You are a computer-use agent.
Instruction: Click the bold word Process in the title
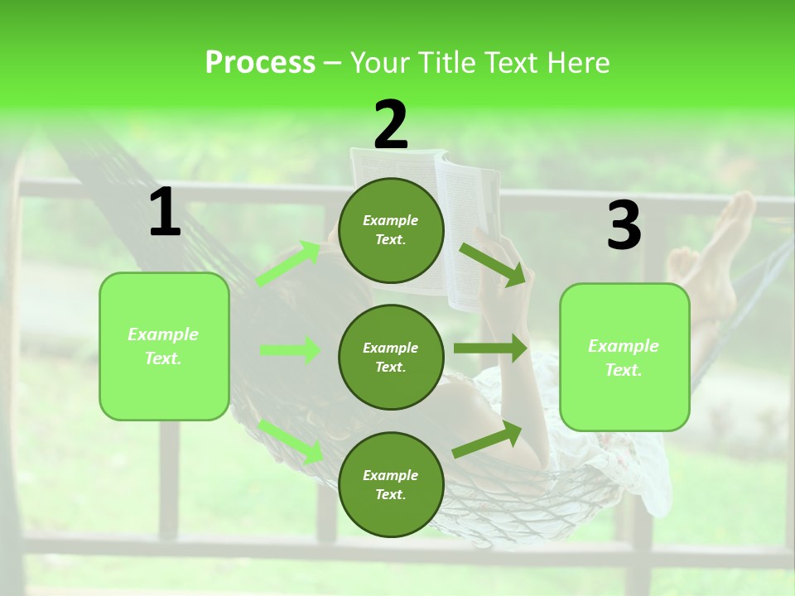[x=260, y=62]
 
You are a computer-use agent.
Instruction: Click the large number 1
[x=165, y=212]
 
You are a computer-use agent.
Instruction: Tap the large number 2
[x=391, y=124]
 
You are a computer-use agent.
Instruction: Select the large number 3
[x=624, y=225]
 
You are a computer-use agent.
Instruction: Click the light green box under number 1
[x=164, y=346]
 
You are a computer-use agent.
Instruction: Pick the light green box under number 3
[x=624, y=357]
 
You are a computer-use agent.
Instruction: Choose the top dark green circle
[x=391, y=229]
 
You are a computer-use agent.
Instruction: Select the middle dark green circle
[x=391, y=357]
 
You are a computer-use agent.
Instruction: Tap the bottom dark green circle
[x=391, y=484]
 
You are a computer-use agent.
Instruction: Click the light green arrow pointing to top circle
[x=288, y=263]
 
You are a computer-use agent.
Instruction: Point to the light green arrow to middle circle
[x=290, y=350]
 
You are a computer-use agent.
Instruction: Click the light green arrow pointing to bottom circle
[x=291, y=440]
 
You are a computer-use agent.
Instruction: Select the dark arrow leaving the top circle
[x=493, y=264]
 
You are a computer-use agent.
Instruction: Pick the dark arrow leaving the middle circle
[x=490, y=348]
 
